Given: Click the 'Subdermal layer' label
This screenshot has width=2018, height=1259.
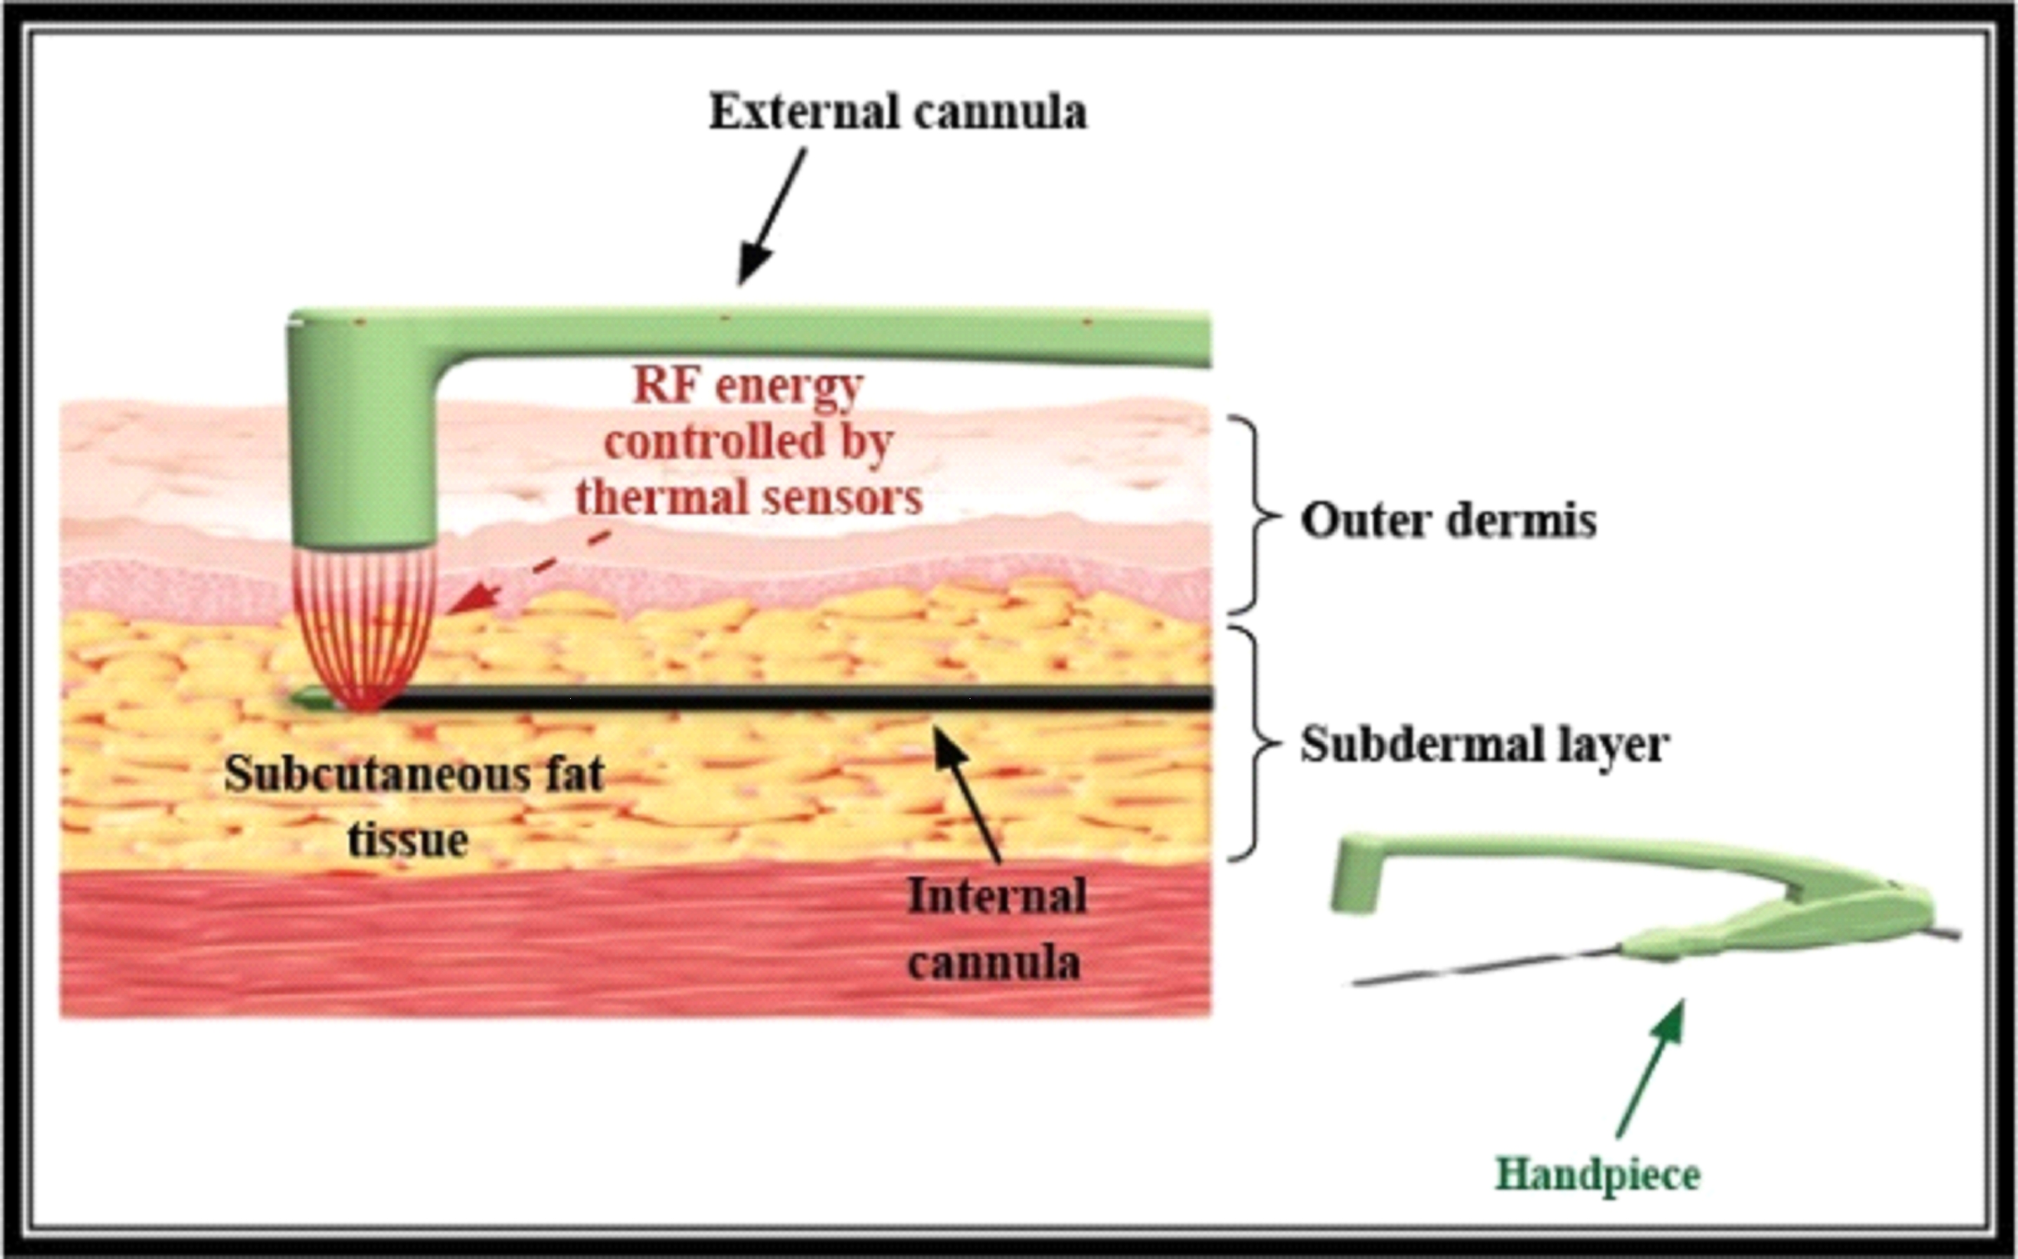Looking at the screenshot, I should pos(1484,744).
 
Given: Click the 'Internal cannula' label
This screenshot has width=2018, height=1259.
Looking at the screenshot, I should pos(996,929).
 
